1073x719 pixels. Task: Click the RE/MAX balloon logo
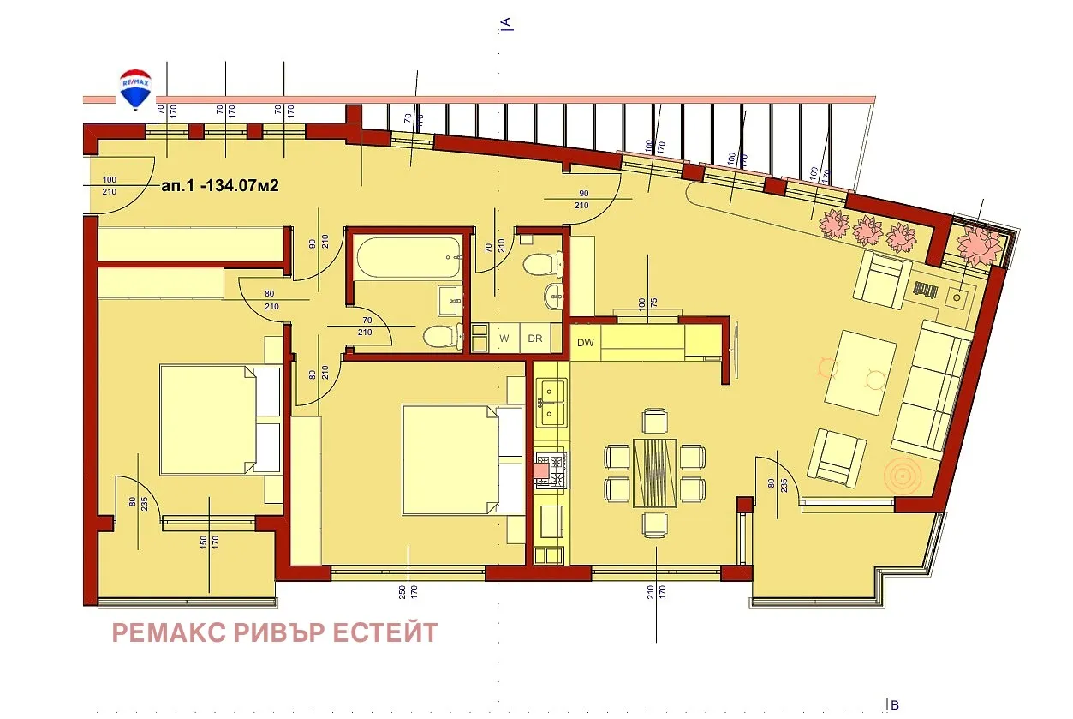[x=134, y=89]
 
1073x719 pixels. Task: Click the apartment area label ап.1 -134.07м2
[x=221, y=185]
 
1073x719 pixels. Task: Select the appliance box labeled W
[x=504, y=339]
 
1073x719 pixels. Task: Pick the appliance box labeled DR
[x=535, y=339]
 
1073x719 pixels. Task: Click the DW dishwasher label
[x=586, y=344]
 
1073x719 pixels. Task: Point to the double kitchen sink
[x=550, y=403]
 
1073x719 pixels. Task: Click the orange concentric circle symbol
[x=902, y=474]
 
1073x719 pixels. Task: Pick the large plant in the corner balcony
[x=979, y=245]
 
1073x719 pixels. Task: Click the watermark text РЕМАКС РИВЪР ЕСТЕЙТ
[x=275, y=633]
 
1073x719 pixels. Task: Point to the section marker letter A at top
[x=506, y=22]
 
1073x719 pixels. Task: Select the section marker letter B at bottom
[x=892, y=704]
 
